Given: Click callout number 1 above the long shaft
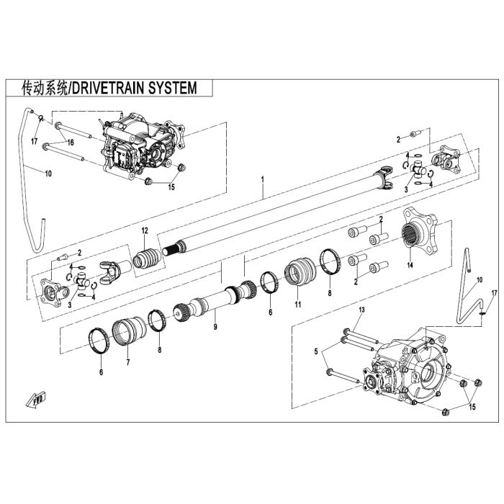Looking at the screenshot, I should pyautogui.click(x=264, y=177).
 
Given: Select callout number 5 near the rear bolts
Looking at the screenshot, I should pyautogui.click(x=316, y=351).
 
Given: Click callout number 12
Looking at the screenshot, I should pyautogui.click(x=145, y=230).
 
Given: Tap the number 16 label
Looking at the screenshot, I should pyautogui.click(x=71, y=143).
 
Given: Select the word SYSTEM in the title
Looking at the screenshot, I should pyautogui.click(x=173, y=88).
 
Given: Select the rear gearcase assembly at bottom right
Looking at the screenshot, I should pyautogui.click(x=406, y=372).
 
